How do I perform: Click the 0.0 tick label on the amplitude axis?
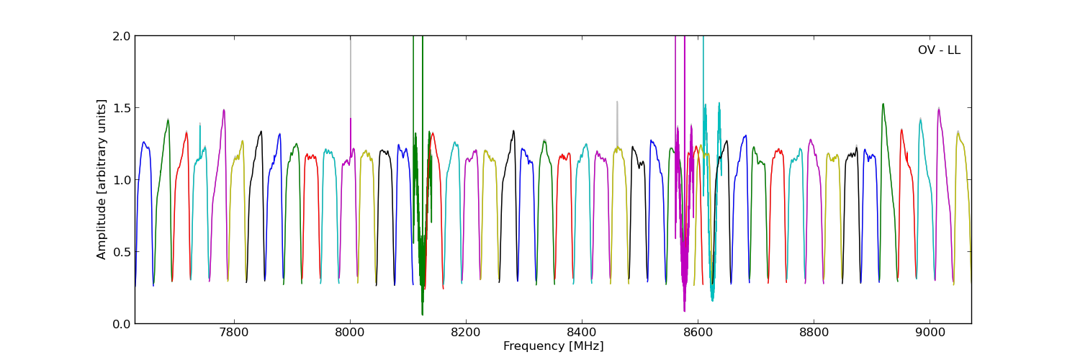(122, 324)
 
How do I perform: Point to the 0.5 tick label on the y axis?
(122, 252)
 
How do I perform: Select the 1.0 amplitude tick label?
(122, 180)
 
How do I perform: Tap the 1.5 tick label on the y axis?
(122, 108)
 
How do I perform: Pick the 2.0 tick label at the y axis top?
(122, 36)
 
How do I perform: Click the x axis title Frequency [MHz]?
(553, 346)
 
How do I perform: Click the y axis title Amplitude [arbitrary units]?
(102, 179)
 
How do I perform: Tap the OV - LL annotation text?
(939, 50)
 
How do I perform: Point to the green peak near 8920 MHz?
(883, 104)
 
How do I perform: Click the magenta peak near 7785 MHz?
(224, 110)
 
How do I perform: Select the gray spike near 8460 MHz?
(617, 102)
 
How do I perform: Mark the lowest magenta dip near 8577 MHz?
(684, 311)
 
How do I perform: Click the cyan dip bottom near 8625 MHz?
(712, 300)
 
